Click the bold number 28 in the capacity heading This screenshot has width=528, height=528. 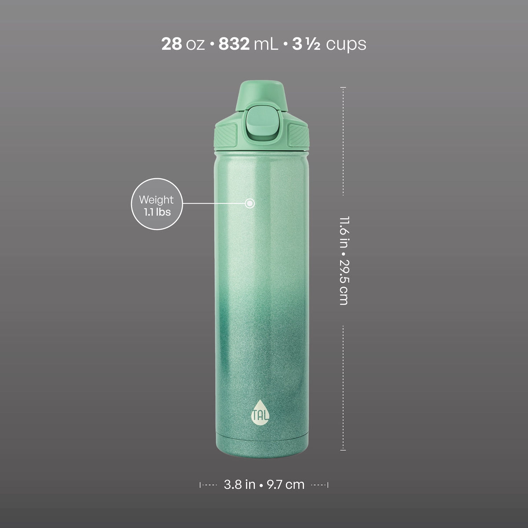[172, 44]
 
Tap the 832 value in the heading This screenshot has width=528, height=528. [234, 44]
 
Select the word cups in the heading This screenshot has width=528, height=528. [346, 45]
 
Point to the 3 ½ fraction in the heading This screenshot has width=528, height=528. [306, 44]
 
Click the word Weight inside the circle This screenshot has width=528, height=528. [156, 200]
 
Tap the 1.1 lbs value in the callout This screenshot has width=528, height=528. [157, 212]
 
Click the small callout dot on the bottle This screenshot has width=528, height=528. [249, 203]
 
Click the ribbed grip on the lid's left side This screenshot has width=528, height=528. [227, 135]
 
